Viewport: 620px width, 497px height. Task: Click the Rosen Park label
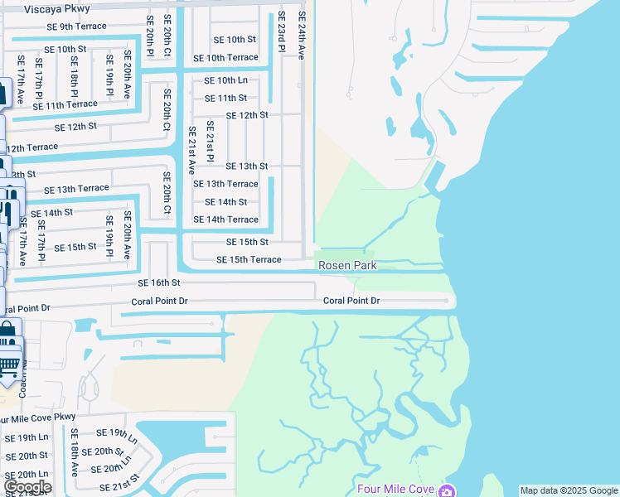[x=348, y=266]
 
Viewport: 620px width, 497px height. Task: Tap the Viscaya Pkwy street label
[x=57, y=9]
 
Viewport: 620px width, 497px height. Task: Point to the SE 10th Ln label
[x=226, y=80]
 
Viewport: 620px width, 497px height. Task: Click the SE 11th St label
[x=225, y=98]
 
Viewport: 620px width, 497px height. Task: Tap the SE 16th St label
[x=159, y=283]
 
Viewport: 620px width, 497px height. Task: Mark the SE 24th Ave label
[x=302, y=35]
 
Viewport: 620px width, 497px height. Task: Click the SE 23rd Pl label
[x=282, y=32]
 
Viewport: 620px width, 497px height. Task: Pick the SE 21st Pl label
[x=211, y=141]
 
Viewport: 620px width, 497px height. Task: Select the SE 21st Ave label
[x=191, y=149]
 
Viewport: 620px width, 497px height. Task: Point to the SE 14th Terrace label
[x=225, y=220]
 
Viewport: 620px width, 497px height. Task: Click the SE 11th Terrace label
[x=65, y=105]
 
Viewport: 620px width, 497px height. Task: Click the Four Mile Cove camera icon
[x=448, y=490]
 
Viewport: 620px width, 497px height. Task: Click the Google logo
[x=27, y=487]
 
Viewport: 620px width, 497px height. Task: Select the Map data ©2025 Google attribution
[x=569, y=490]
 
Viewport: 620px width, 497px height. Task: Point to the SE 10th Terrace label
[x=225, y=58]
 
